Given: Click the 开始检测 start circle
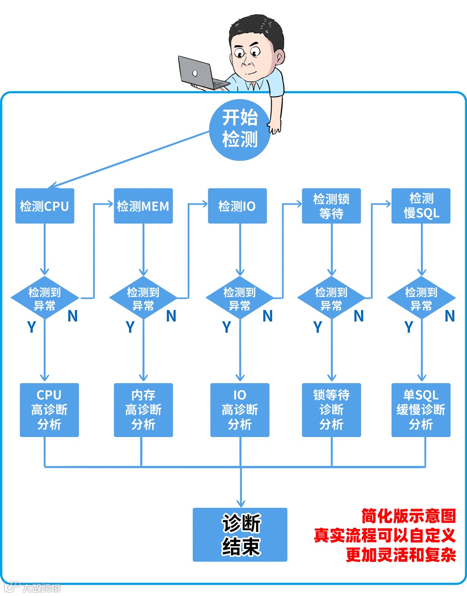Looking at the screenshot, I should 240,129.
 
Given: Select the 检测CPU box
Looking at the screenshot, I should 45,206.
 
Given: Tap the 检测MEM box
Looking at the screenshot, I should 143,206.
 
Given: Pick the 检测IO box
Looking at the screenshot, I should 237,206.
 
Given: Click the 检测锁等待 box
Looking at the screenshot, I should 331,206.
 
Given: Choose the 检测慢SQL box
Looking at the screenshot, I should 421,206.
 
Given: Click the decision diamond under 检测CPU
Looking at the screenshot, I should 45,298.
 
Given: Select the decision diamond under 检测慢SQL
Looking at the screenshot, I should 421,298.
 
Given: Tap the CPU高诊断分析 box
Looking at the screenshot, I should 49,410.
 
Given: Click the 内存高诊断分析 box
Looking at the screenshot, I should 143,410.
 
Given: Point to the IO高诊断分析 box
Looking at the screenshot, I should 240,410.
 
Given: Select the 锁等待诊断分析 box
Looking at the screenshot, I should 331,410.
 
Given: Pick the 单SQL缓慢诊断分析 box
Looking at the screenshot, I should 421,410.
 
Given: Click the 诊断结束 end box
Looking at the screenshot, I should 240,535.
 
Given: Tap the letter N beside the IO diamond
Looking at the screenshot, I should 268,317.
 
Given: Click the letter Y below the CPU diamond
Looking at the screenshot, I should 32,327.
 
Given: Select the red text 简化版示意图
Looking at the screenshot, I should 409,516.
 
